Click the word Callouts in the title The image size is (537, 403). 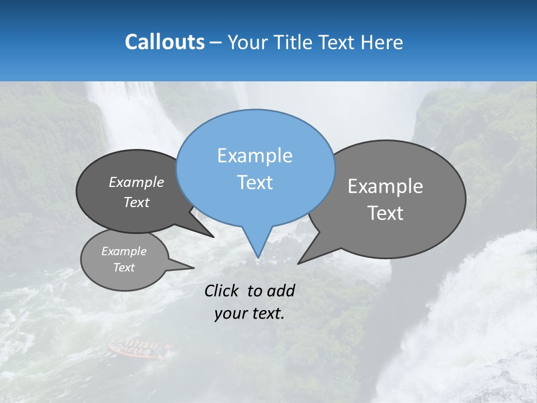click(164, 42)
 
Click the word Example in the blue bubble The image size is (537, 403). click(255, 156)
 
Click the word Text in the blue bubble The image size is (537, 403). click(255, 182)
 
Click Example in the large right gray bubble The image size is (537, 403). click(385, 186)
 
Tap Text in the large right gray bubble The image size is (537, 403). click(385, 213)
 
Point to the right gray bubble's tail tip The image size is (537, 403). click(298, 263)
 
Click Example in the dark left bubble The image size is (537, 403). click(136, 182)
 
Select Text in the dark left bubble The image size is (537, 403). click(136, 202)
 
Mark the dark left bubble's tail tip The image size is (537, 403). click(213, 237)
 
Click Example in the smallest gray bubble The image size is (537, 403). click(124, 251)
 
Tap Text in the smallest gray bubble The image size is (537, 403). click(124, 268)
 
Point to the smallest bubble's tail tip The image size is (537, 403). click(194, 268)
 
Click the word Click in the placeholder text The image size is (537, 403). click(223, 290)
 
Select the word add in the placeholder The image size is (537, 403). click(281, 290)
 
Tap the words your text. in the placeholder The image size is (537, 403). click(249, 313)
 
